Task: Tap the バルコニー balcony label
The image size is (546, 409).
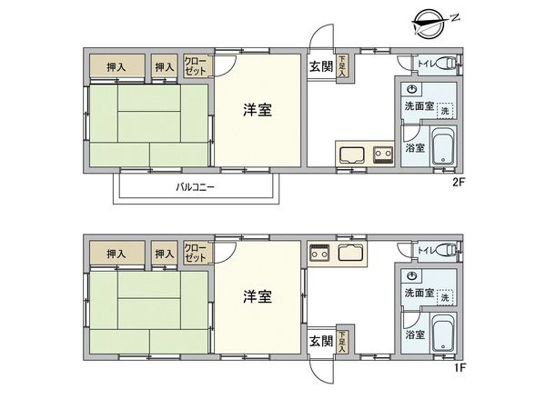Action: pos(194,188)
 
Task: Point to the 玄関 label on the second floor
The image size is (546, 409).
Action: pos(319,66)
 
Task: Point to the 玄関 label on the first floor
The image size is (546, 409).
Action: pos(319,341)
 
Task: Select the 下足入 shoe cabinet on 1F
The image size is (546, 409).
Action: pos(342,342)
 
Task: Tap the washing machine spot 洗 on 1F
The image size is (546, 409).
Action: pos(444,297)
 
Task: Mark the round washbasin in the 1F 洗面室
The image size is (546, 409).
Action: pos(412,275)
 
